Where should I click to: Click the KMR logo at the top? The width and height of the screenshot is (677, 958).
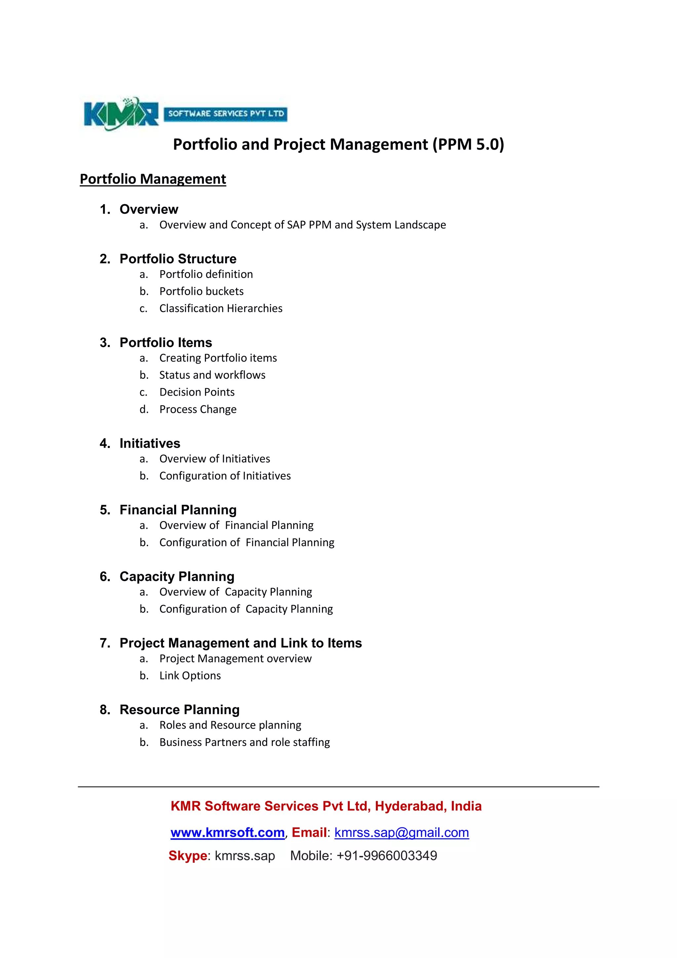click(x=121, y=113)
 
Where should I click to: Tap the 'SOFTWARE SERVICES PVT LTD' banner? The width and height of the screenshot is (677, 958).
click(x=225, y=113)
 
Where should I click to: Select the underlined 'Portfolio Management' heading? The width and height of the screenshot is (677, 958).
click(x=153, y=179)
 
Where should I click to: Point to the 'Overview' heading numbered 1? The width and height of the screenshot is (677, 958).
click(x=149, y=209)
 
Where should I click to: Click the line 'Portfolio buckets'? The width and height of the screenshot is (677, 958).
click(x=201, y=291)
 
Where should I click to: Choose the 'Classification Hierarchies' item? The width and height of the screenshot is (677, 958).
click(x=220, y=308)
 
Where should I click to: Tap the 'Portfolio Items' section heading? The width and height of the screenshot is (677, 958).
click(x=166, y=343)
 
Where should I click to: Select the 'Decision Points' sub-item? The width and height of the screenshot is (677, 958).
click(x=197, y=392)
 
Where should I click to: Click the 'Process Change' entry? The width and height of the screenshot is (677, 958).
click(x=198, y=409)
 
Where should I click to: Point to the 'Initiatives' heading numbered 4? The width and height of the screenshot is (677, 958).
click(x=150, y=443)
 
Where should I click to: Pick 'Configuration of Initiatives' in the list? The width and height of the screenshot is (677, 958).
click(x=225, y=476)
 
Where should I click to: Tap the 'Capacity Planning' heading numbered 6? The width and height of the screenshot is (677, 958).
click(x=177, y=577)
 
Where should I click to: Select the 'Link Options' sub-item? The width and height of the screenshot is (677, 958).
click(x=190, y=675)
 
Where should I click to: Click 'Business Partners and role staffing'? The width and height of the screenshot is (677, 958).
click(x=244, y=742)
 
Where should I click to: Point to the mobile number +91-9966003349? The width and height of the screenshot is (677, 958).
click(x=386, y=856)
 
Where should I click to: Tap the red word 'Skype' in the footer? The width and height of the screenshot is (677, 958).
click(x=187, y=856)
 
